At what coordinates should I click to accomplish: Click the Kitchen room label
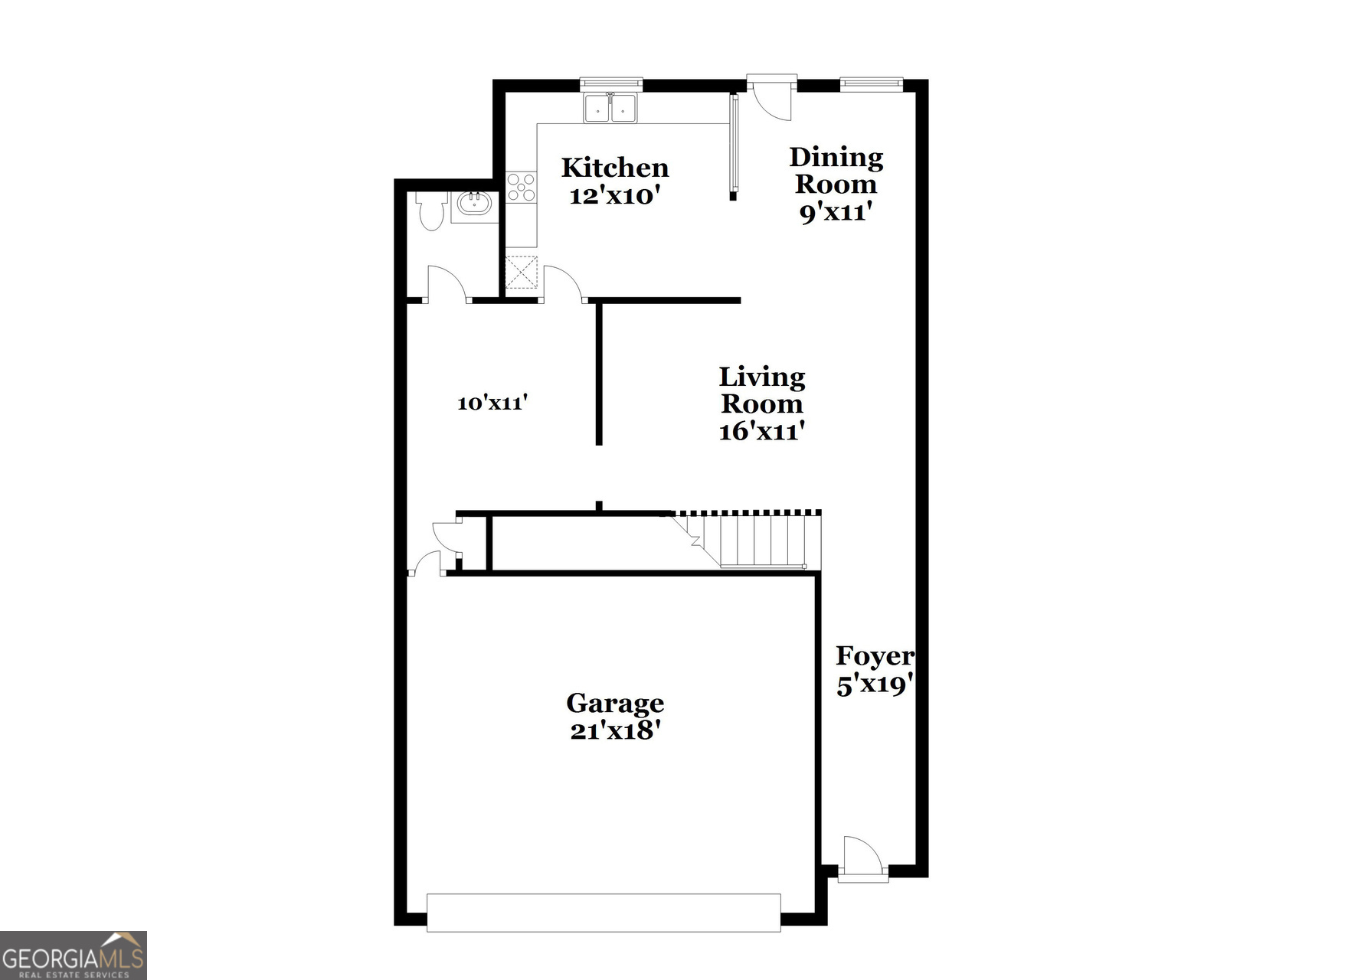(x=614, y=168)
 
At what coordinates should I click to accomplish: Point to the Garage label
(x=615, y=703)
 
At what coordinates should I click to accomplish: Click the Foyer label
(x=874, y=656)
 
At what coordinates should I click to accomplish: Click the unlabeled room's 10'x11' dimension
(x=492, y=403)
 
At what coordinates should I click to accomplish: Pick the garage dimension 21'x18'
(x=615, y=731)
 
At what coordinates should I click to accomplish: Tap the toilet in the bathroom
(x=432, y=210)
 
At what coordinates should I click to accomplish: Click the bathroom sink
(x=474, y=204)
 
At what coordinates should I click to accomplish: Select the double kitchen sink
(x=610, y=108)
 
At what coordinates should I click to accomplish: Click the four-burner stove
(x=522, y=188)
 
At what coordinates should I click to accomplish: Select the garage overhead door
(x=604, y=913)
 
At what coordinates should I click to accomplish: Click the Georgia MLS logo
(x=73, y=955)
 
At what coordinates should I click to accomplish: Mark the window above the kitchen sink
(x=610, y=83)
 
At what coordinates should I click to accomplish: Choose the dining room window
(x=871, y=83)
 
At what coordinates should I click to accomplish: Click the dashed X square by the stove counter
(x=522, y=273)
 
